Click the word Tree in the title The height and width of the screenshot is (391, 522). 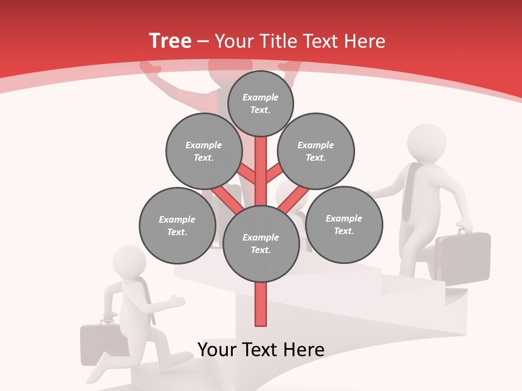point(170,41)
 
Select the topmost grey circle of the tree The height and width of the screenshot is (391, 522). point(260,103)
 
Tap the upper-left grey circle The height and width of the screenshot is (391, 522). point(203,152)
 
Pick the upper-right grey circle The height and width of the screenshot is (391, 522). point(316,152)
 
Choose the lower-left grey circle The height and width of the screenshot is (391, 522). point(177,226)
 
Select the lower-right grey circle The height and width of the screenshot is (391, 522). point(344,225)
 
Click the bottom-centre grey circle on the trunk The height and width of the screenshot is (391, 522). point(261,244)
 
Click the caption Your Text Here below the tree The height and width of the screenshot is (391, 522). point(261,350)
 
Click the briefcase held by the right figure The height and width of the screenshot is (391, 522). point(463,256)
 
